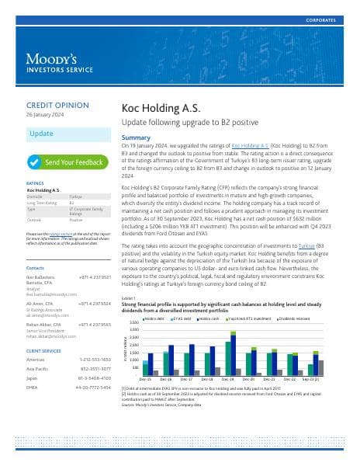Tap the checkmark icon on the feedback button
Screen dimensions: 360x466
(x=34, y=162)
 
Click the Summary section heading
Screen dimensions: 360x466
(x=137, y=137)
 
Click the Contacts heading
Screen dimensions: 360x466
(x=36, y=266)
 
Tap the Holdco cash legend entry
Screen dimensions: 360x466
(x=209, y=318)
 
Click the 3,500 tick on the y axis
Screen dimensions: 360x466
(x=133, y=322)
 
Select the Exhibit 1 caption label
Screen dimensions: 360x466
(x=129, y=298)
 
